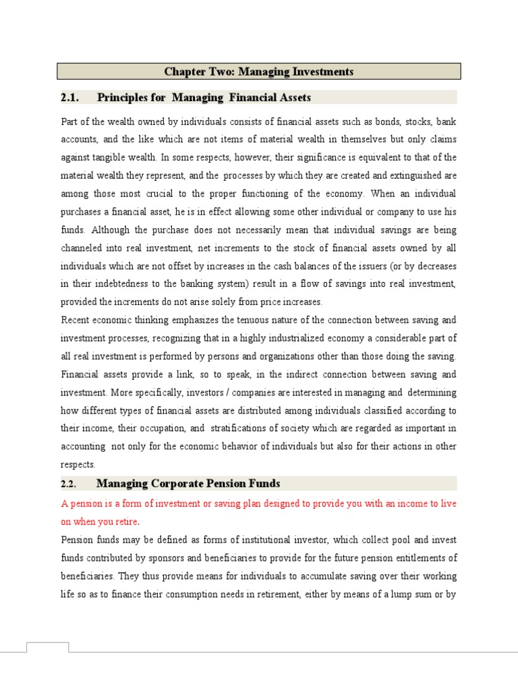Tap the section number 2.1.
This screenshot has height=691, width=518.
pos(70,98)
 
